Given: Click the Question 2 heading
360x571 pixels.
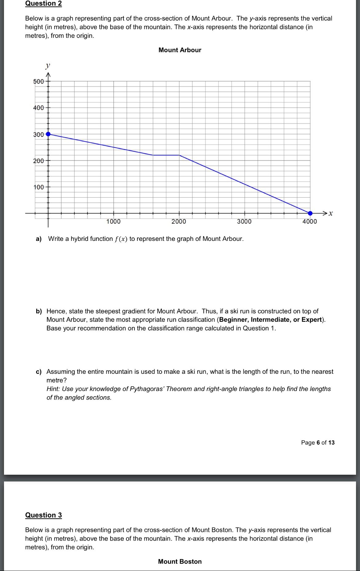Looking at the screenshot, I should [43, 4].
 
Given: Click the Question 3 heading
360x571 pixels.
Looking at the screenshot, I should [43, 515].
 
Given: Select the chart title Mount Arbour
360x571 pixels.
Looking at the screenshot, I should [180, 50].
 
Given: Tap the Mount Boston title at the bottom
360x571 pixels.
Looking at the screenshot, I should [180, 561].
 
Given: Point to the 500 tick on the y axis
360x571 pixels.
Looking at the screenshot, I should [39, 82].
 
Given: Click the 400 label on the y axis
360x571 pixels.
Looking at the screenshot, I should [39, 108].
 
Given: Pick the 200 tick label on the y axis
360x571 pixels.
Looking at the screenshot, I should [39, 161].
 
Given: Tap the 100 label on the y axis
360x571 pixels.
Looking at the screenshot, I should [39, 187].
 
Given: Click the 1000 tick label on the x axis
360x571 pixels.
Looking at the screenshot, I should [114, 222].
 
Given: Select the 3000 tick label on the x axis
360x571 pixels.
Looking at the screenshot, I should [244, 222].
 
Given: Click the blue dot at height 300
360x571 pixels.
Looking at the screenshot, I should [48, 134].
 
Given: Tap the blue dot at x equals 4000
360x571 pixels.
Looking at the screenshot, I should [310, 213].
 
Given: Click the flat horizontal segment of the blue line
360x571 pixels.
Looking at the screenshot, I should [166, 155].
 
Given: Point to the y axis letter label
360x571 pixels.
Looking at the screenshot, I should [47, 66].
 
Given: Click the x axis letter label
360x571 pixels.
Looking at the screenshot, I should [330, 213].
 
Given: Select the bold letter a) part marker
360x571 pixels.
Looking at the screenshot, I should [38, 239].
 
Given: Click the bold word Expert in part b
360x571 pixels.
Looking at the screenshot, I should [311, 320].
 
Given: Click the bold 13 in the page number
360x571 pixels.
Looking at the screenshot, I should [331, 443].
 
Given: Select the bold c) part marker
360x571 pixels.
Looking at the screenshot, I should [38, 372].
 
